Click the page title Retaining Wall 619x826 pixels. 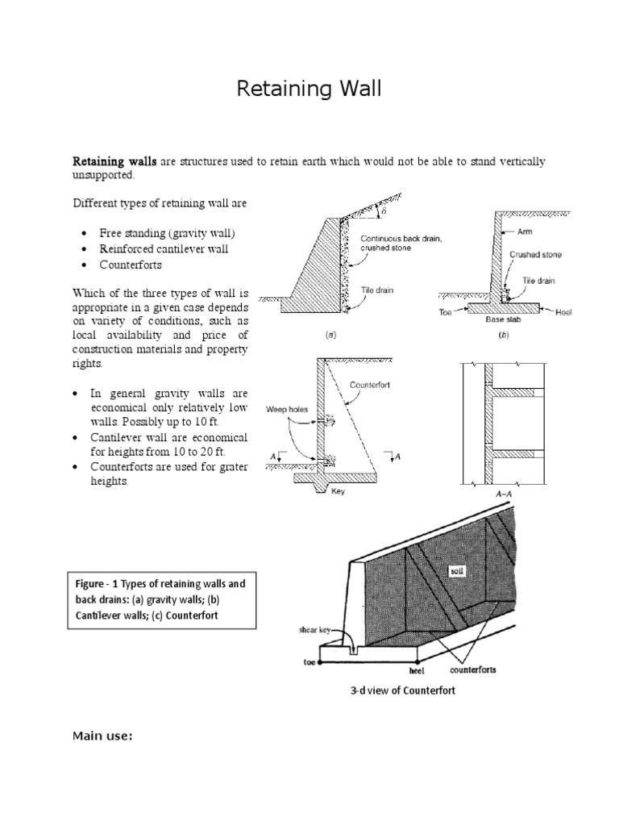click(x=309, y=90)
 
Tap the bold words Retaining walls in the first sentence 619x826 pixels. click(x=115, y=161)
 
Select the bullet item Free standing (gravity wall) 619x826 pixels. click(x=168, y=232)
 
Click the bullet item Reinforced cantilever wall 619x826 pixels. click(x=164, y=248)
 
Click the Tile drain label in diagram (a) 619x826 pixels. click(x=376, y=290)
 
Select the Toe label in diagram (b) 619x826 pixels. click(x=446, y=309)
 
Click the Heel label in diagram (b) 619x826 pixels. click(x=563, y=311)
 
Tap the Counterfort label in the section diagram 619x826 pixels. click(x=370, y=386)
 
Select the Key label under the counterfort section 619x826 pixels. click(x=338, y=491)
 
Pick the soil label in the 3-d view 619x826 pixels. click(x=459, y=570)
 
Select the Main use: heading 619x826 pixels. click(x=102, y=735)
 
